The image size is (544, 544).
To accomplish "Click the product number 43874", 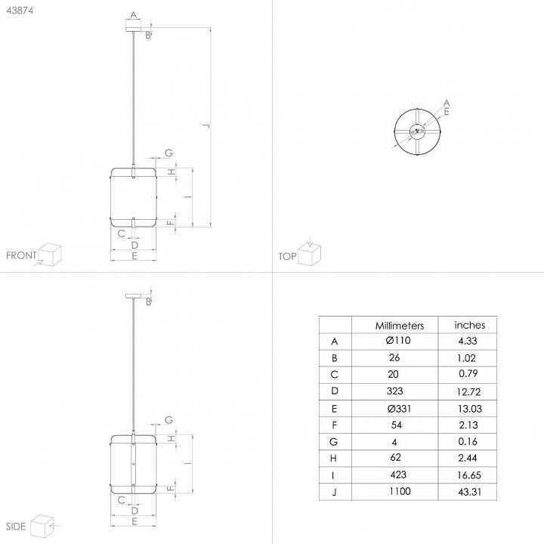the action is (x=20, y=11).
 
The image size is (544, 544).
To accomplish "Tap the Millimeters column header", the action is (x=400, y=326).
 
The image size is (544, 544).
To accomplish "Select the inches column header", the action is (x=470, y=325).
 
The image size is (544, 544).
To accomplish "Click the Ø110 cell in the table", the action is (x=398, y=340).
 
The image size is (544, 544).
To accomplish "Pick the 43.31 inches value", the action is (x=469, y=492).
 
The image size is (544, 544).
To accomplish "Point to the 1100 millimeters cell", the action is (x=400, y=491).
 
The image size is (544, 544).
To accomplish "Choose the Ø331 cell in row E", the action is (x=399, y=409).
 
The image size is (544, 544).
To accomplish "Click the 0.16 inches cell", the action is (x=468, y=441).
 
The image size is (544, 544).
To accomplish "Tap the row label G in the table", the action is (x=333, y=442).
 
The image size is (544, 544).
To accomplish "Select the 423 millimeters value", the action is (x=398, y=474).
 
